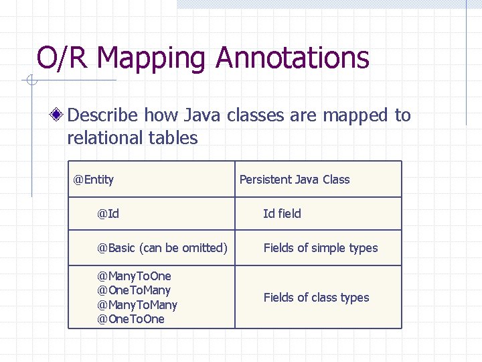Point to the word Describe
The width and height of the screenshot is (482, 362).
(x=103, y=115)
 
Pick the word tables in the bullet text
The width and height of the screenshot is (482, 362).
(x=176, y=138)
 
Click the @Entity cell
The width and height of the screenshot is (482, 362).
(x=94, y=180)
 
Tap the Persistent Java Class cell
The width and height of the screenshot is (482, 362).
(x=295, y=180)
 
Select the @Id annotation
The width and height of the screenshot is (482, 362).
(x=108, y=214)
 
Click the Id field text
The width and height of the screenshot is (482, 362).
(x=282, y=214)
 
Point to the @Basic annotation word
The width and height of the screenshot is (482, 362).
(x=116, y=248)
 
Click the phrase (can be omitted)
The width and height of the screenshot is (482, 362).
(x=183, y=248)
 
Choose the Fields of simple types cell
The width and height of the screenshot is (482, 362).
(x=320, y=248)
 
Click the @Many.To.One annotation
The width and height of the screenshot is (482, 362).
(x=135, y=276)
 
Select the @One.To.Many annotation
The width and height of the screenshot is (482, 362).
(x=134, y=290)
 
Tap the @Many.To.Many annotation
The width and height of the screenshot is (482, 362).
(x=137, y=305)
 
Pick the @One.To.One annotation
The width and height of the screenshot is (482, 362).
(x=131, y=319)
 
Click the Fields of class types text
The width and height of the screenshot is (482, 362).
(x=316, y=298)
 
